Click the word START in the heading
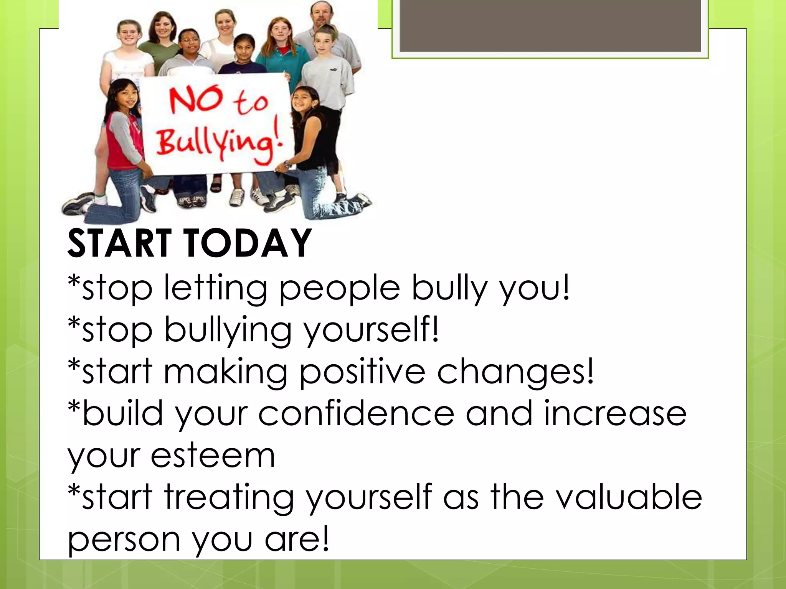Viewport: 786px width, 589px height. pyautogui.click(x=119, y=243)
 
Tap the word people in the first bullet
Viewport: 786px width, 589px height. pyautogui.click(x=340, y=288)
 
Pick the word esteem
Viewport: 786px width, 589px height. pyautogui.click(x=213, y=456)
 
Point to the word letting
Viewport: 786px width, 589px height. pyautogui.click(x=215, y=288)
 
